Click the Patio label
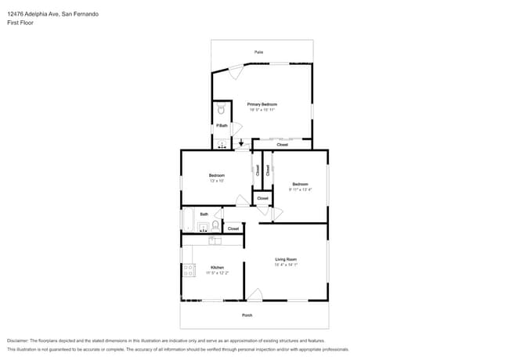pos(258,52)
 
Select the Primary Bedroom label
pos(262,104)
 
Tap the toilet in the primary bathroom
pos(221,110)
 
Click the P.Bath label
pos(222,126)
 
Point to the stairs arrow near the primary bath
pos(240,143)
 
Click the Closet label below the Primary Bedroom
pos(282,145)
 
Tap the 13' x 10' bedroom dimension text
pos(217,181)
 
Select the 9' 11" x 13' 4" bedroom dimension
pos(300,189)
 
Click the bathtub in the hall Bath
pos(188,221)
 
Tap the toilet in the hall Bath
pos(215,226)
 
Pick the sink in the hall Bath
pos(202,229)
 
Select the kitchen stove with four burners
pos(189,271)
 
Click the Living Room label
pos(285,259)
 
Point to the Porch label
pos(247,315)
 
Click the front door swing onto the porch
pos(254,295)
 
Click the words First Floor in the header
pos(20,23)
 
